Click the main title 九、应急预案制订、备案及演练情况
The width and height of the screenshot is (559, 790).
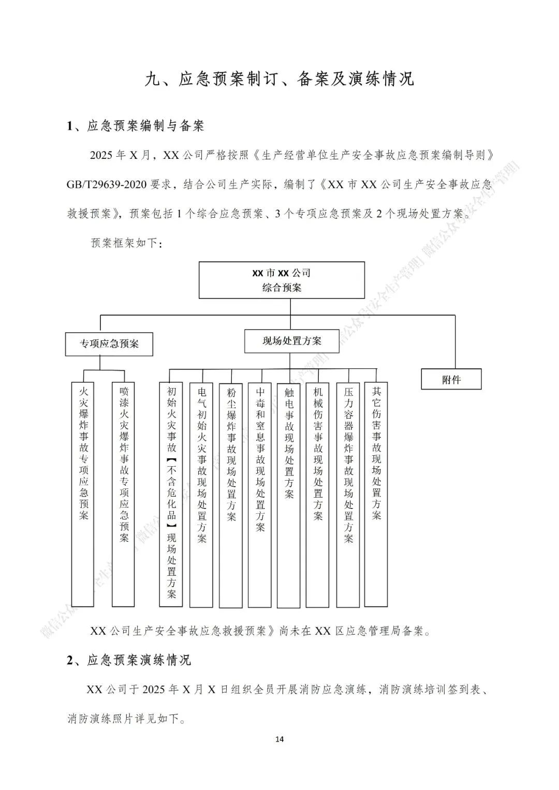279,79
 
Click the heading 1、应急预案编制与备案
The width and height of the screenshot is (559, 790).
136,126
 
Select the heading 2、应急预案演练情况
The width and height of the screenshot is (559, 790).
129,660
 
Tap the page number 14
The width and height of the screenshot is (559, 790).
279,739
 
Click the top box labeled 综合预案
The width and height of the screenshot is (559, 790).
282,280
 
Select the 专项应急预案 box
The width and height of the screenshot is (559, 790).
109,344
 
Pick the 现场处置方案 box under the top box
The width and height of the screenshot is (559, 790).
292,341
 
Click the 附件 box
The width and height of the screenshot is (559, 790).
451,379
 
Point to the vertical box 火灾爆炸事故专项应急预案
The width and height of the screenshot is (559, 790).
83,494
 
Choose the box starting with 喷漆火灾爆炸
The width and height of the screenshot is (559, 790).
124,494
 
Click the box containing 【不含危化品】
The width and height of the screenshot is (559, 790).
171,494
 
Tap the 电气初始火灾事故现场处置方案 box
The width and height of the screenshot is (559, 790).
201,494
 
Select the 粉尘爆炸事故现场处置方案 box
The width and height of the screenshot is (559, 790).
231,494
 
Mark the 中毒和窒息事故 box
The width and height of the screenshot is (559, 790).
260,494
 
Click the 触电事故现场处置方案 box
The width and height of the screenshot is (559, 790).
289,494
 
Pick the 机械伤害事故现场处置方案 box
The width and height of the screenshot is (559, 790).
318,494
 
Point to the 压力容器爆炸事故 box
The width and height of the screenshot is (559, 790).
348,494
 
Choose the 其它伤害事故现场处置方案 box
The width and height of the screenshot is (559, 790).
376,494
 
